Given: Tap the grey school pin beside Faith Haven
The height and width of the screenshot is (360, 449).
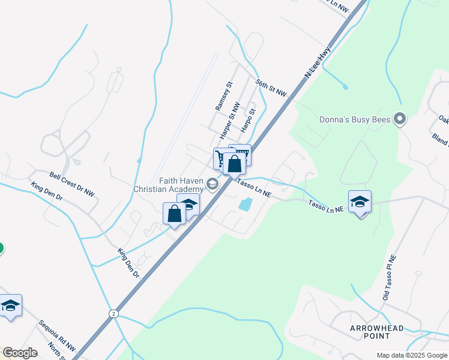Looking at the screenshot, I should click(x=212, y=183).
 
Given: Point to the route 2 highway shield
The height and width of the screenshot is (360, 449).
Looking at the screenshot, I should click(x=113, y=314).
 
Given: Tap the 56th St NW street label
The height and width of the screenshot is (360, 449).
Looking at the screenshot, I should click(x=271, y=88).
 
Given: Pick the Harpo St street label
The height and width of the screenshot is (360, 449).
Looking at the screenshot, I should click(x=248, y=120).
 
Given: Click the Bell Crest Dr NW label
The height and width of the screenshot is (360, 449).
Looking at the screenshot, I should click(x=72, y=184).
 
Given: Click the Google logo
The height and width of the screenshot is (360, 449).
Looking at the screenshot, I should click(x=20, y=353).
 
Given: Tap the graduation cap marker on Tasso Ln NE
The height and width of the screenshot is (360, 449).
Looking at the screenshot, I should click(x=360, y=202).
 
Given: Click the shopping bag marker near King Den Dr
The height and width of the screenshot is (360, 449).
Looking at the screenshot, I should click(x=174, y=214).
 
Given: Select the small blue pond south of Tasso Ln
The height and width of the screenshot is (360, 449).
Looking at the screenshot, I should click(x=245, y=204).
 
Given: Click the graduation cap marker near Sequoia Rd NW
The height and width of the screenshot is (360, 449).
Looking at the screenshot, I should click(x=10, y=306).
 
